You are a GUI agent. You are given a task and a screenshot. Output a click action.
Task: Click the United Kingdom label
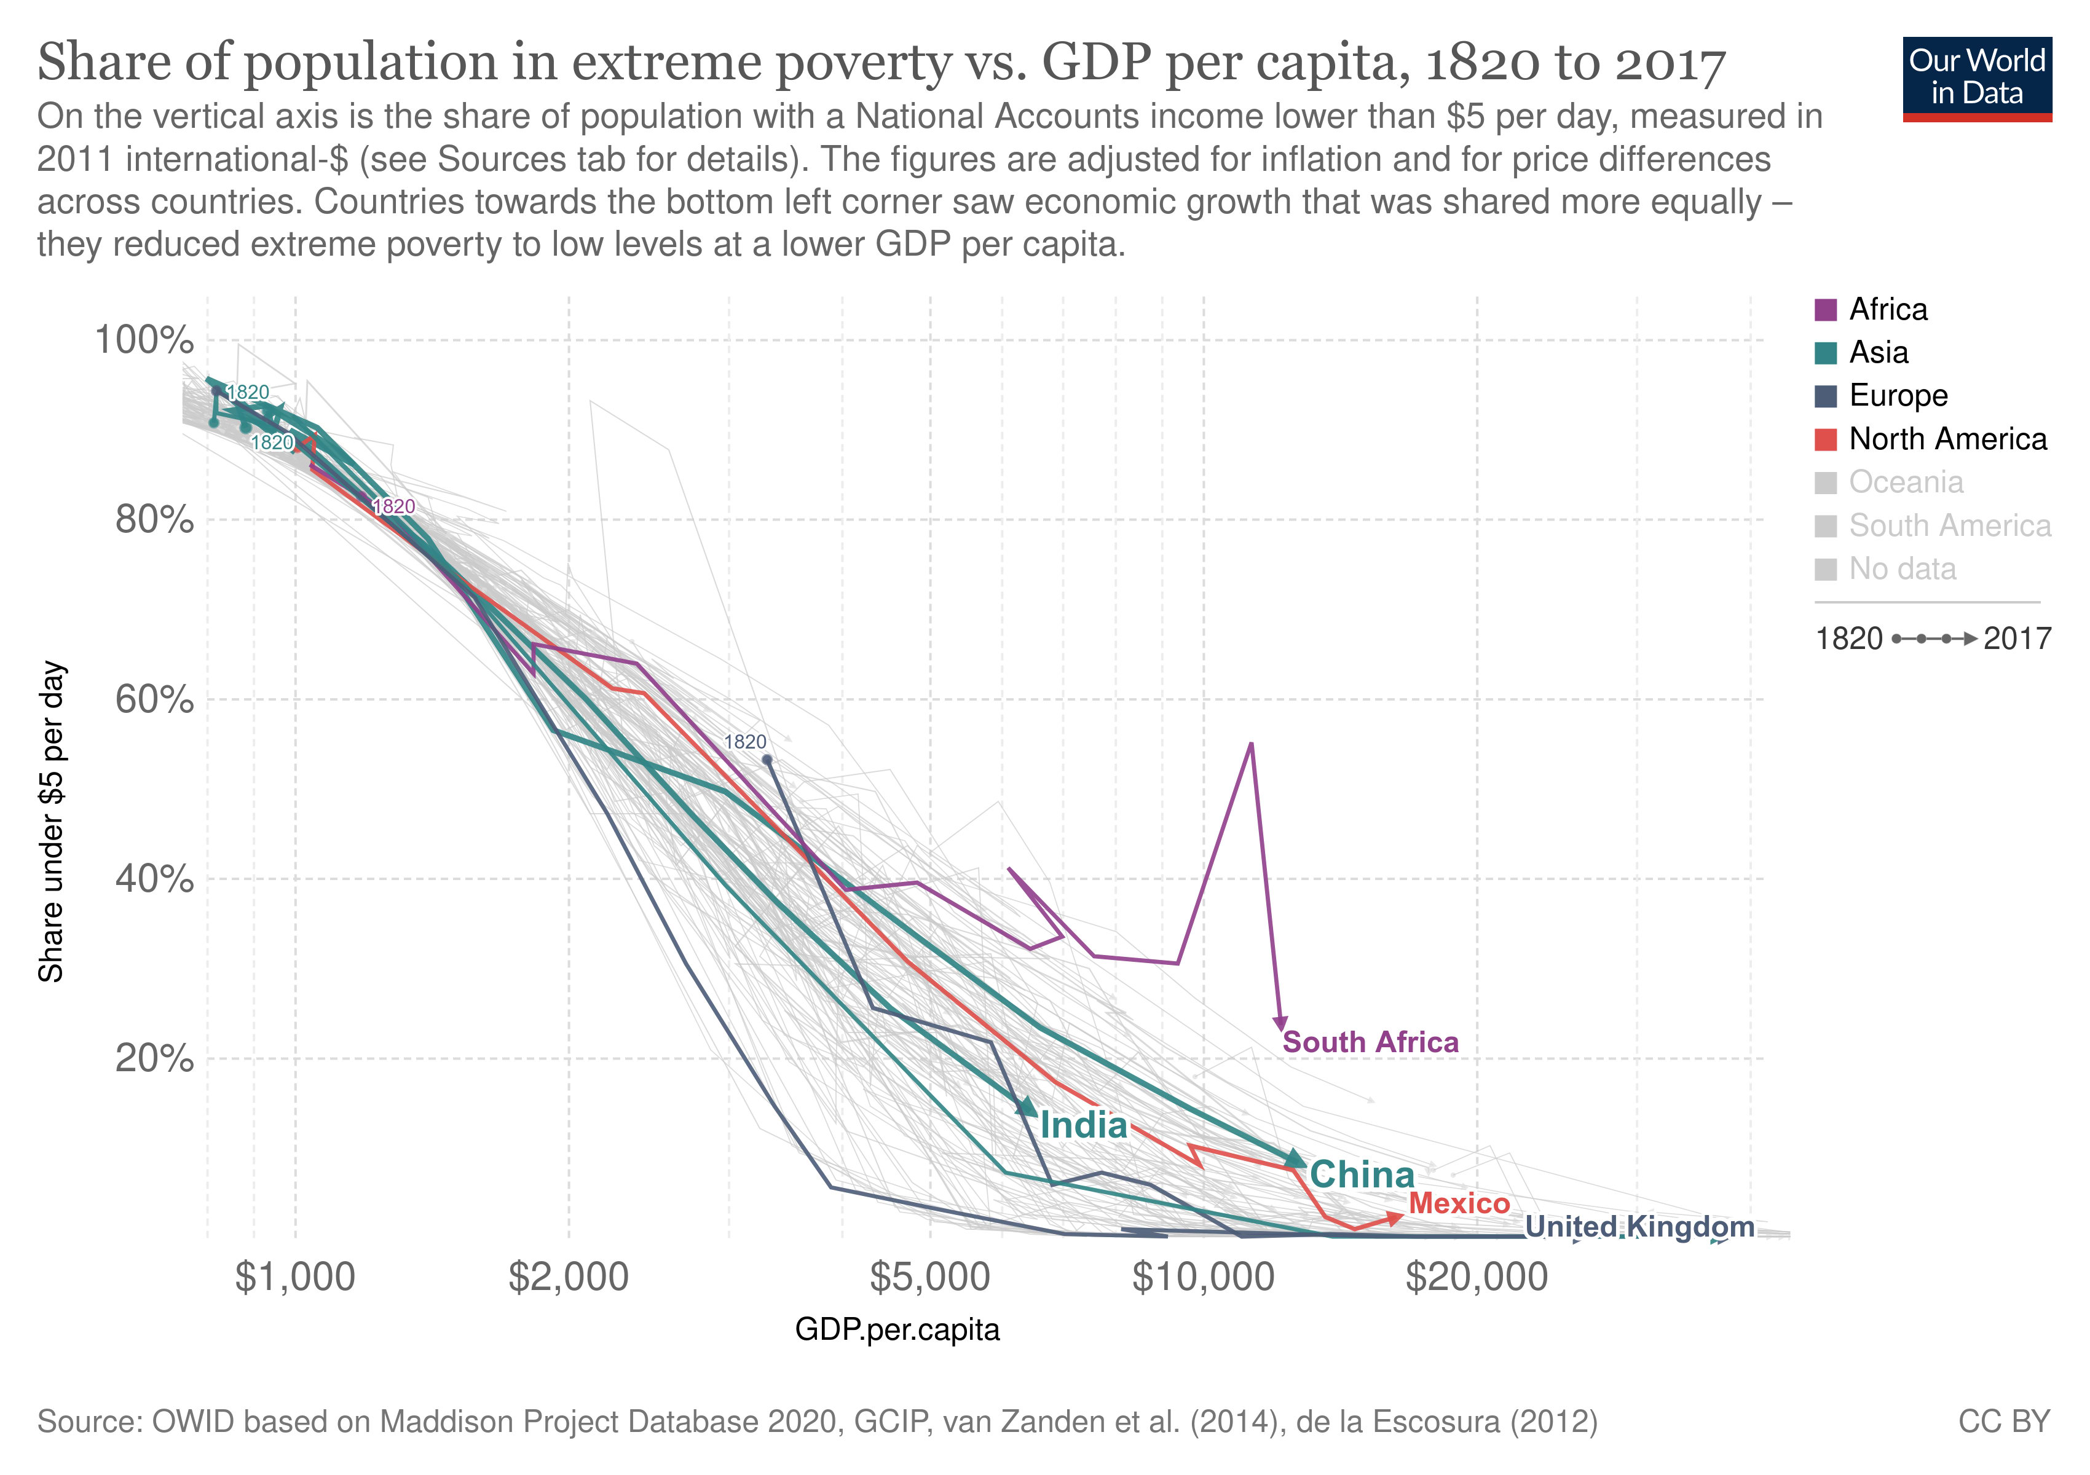click(1639, 1227)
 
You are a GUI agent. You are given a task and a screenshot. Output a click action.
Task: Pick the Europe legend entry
click(1898, 395)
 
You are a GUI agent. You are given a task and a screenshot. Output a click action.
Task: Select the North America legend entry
click(1947, 439)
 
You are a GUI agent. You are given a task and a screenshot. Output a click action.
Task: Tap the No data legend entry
click(1901, 568)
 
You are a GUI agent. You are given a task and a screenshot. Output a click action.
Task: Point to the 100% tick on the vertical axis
click(144, 340)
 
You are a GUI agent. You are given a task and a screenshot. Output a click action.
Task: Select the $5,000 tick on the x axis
click(929, 1278)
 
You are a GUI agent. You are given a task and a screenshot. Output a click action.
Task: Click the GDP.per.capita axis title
click(897, 1329)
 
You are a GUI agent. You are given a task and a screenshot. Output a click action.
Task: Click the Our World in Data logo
click(1977, 78)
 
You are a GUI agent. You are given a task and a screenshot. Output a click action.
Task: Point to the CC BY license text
click(2003, 1422)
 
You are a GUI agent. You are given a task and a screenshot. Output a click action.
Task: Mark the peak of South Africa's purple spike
click(1252, 744)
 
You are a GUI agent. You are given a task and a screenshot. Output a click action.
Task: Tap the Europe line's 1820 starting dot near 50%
click(767, 759)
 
